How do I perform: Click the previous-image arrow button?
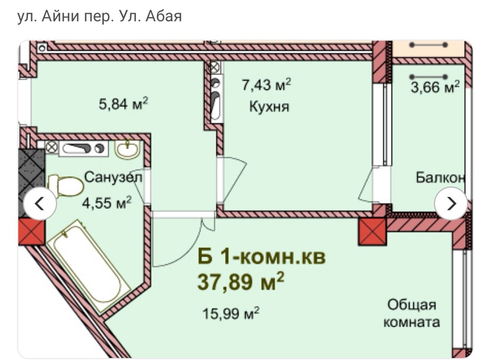(x=40, y=203)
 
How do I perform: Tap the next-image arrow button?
(x=451, y=203)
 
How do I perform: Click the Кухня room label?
(x=269, y=107)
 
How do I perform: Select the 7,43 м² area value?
(x=266, y=84)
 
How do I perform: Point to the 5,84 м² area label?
(x=123, y=104)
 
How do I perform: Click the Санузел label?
(x=113, y=178)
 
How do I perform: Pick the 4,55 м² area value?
(x=107, y=203)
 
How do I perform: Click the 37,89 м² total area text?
(x=241, y=282)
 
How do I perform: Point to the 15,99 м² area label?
(x=231, y=313)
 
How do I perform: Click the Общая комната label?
(x=412, y=313)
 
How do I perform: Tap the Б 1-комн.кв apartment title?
(x=262, y=257)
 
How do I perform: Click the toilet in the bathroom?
(x=65, y=186)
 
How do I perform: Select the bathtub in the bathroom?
(x=89, y=266)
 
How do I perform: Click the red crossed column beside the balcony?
(x=372, y=231)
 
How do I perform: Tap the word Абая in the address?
(x=163, y=16)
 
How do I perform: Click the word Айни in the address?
(x=60, y=16)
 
